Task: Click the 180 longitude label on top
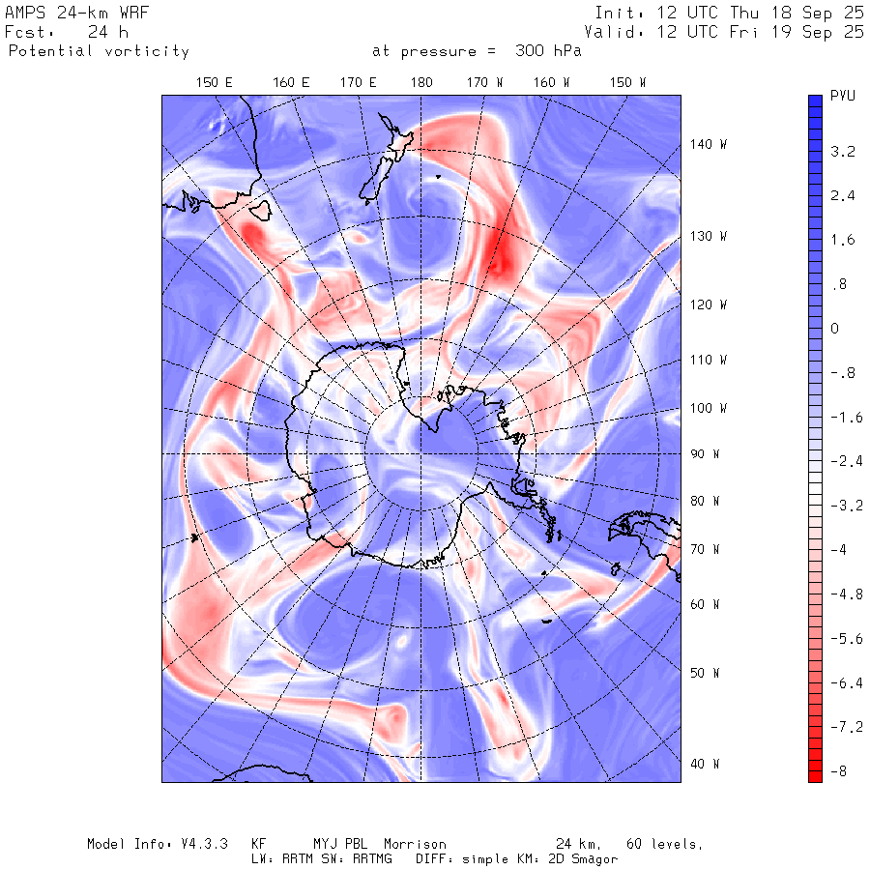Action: [x=421, y=83]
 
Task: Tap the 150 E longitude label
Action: [x=215, y=83]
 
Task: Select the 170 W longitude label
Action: [x=485, y=83]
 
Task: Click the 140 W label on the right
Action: [x=708, y=144]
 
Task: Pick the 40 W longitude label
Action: [x=704, y=764]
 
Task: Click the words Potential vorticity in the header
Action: [x=99, y=51]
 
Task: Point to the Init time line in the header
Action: [x=730, y=13]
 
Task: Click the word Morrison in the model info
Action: [x=418, y=844]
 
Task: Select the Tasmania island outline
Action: [x=260, y=209]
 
